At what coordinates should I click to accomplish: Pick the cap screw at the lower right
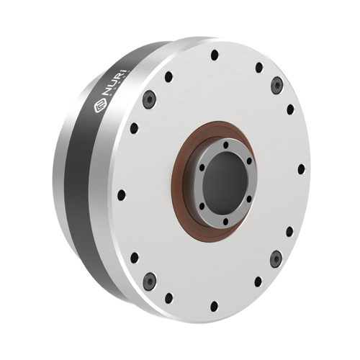pos(275,258)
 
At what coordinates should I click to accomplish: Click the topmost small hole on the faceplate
pos(215,55)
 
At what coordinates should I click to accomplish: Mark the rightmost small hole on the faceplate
pos(301,171)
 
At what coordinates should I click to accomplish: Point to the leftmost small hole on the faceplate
pos(122,194)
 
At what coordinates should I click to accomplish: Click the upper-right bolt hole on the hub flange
pos(247,160)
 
